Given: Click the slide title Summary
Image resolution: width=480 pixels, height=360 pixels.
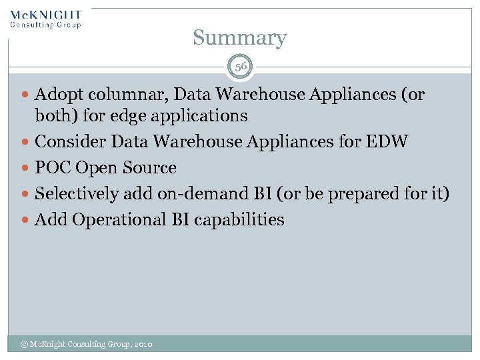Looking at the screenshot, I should tap(240, 38).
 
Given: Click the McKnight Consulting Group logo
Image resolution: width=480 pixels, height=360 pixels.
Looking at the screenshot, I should tap(46, 19).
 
